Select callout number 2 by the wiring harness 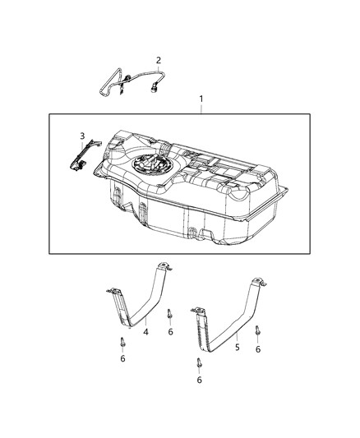tap(159, 59)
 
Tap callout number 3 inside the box tap(81, 136)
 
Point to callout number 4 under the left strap tap(145, 331)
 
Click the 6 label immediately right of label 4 tap(170, 331)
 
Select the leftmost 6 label tap(122, 359)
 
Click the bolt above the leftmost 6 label tap(122, 343)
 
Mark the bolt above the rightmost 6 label tap(257, 332)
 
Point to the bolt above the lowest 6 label tap(199, 363)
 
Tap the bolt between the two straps tap(169, 315)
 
